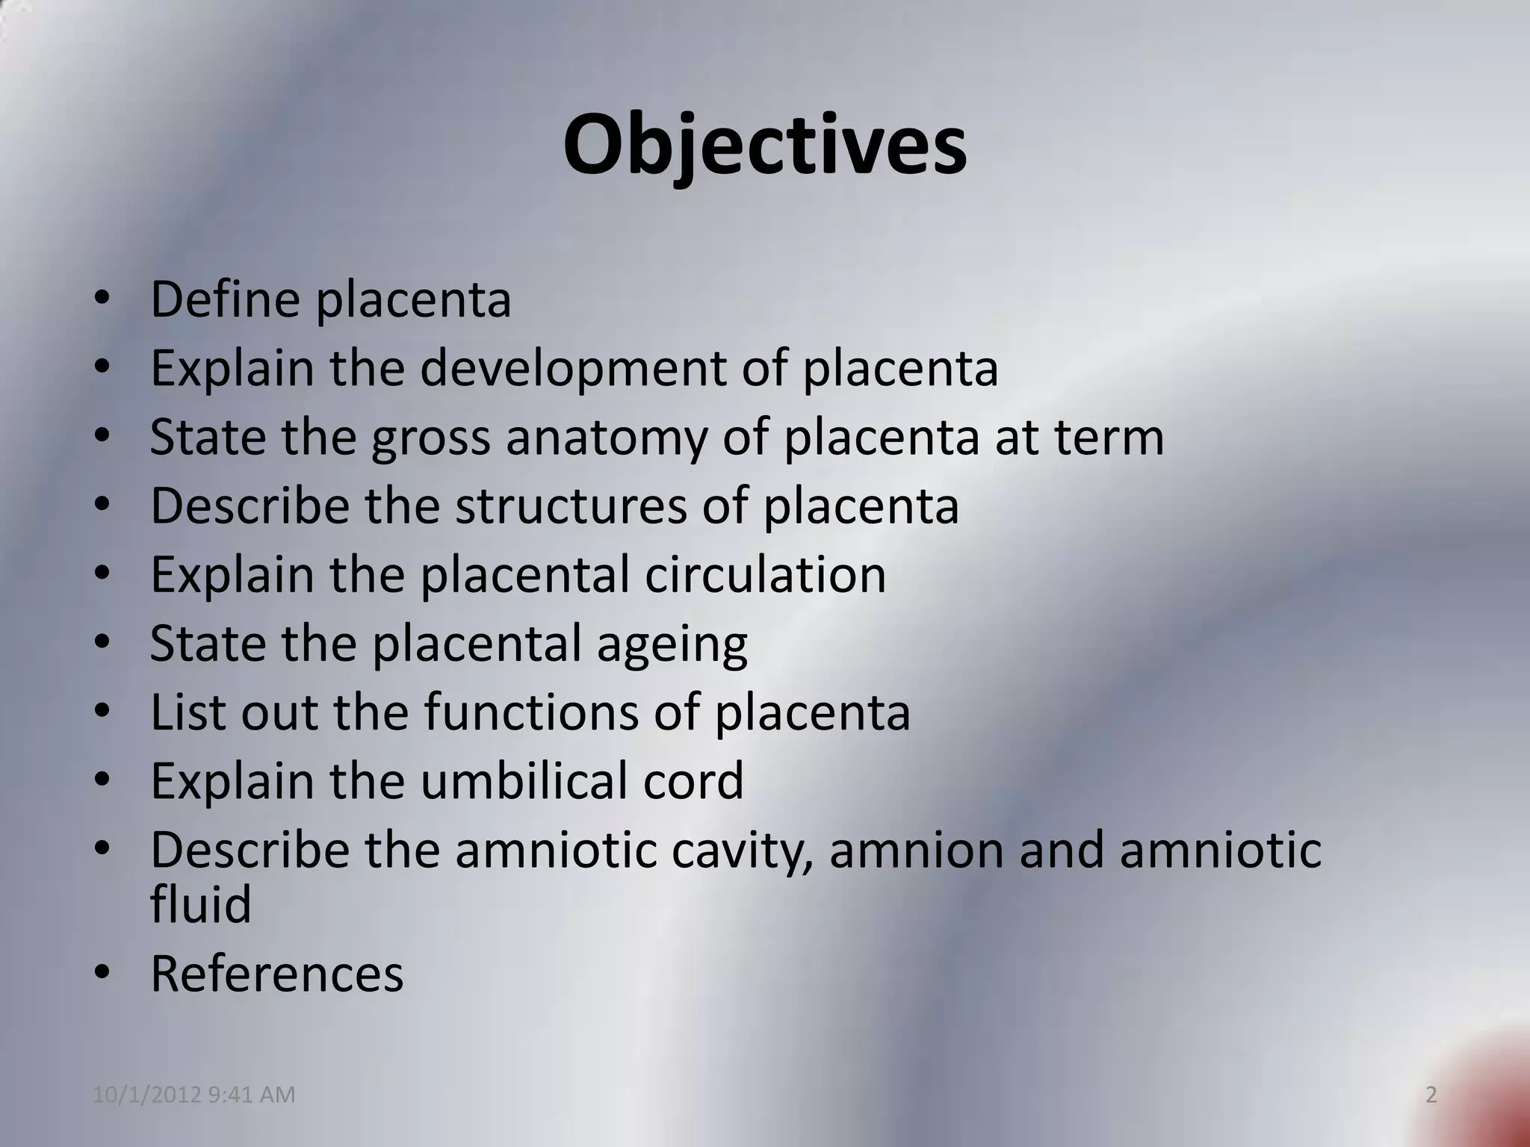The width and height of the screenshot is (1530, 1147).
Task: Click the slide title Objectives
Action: (764, 146)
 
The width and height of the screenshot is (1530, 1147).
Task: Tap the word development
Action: (572, 368)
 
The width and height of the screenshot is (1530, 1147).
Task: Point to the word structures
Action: (570, 506)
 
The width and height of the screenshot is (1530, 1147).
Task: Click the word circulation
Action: (765, 574)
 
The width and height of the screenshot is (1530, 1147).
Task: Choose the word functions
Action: (531, 712)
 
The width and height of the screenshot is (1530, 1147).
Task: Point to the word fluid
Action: (200, 904)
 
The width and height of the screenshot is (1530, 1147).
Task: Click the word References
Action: (277, 974)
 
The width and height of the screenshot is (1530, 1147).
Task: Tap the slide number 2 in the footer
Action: (1431, 1095)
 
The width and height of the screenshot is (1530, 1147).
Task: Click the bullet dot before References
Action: (103, 972)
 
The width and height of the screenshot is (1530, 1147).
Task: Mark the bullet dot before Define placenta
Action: (103, 299)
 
